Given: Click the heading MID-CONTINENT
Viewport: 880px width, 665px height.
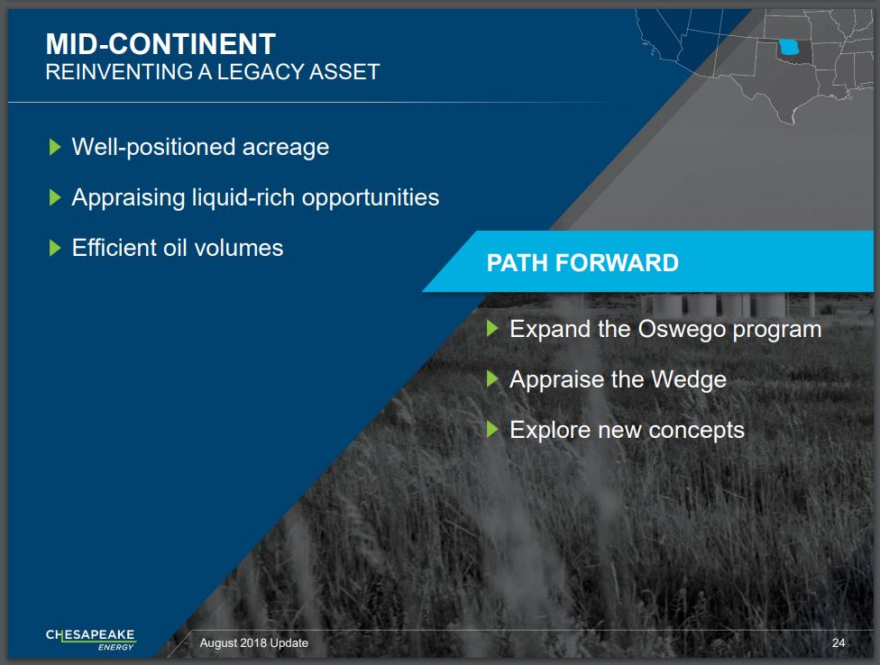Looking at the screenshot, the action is [x=160, y=44].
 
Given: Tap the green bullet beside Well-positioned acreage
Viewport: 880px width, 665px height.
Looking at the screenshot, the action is [x=55, y=147].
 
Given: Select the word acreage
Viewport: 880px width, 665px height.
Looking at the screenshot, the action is [x=286, y=148].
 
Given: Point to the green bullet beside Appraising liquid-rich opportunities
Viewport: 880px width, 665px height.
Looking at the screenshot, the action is [x=55, y=197].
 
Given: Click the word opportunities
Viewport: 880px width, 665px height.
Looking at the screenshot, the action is [x=371, y=198].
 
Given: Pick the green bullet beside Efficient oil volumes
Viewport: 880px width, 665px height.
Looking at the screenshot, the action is [x=55, y=248].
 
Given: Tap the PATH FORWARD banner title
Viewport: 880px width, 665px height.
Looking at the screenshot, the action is [x=582, y=262].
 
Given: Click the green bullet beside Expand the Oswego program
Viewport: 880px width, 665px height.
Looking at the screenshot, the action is [x=492, y=329].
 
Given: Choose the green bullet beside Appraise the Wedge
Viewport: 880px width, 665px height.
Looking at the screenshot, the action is [x=492, y=379].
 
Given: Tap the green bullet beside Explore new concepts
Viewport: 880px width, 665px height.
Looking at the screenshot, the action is [x=492, y=430].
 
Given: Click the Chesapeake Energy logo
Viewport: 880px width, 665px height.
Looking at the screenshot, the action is [x=90, y=639].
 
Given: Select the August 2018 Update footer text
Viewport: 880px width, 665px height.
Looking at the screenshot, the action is [x=253, y=642].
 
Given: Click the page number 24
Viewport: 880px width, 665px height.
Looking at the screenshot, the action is [x=839, y=642].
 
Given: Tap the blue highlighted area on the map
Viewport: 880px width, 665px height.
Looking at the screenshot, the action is [x=788, y=47].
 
